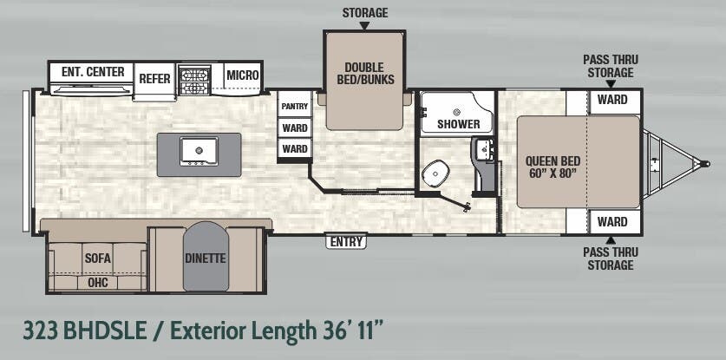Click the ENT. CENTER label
coord(93,72)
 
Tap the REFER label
coord(154,78)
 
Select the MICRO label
coord(243,75)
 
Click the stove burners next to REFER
coord(194,80)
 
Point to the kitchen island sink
coord(197,150)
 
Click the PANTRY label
coord(294,107)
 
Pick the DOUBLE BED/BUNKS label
coord(365,74)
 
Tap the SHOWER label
coord(458,124)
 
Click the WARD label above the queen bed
coord(612,100)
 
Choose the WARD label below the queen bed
coord(612,222)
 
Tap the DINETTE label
coord(205,258)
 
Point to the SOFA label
coord(97,258)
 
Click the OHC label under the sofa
coord(97,282)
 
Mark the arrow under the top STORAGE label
coord(364,26)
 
